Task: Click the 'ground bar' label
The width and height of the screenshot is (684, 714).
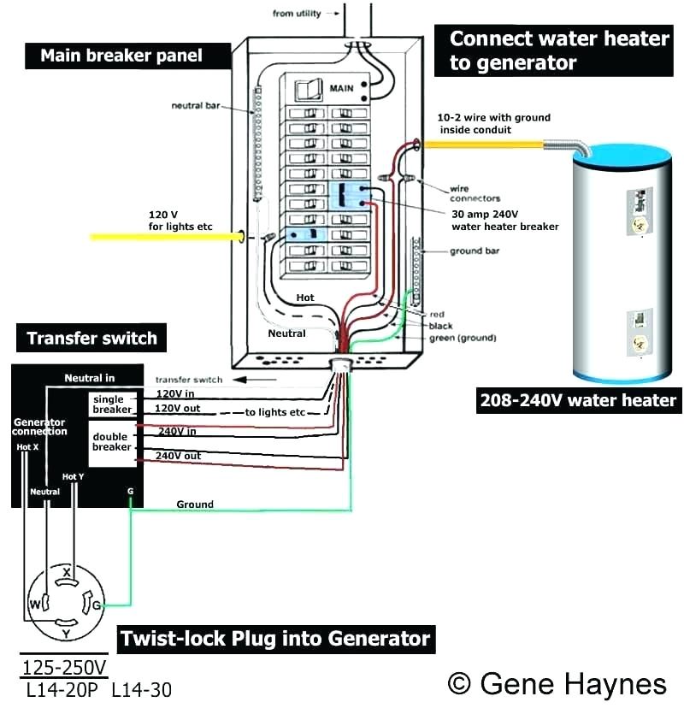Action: point(475,251)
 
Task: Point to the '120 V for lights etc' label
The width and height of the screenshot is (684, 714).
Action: point(180,221)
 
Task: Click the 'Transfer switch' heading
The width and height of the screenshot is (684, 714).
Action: point(91,338)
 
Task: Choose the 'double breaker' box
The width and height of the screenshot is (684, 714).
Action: point(112,442)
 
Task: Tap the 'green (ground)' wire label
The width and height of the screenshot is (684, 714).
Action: point(463,339)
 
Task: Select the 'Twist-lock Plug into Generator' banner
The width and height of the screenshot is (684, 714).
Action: point(274,639)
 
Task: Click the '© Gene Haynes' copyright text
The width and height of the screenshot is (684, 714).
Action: point(557,683)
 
